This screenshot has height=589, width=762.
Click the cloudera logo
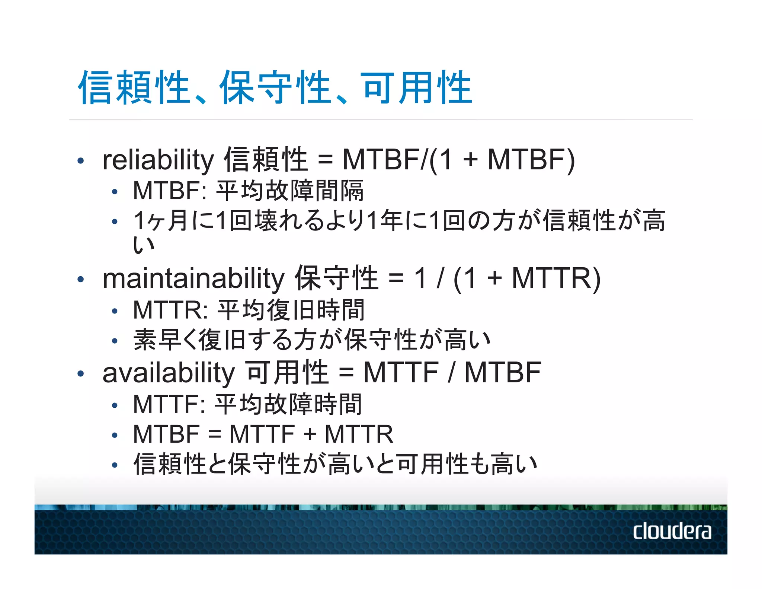pos(672,531)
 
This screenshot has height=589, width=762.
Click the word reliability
pos(158,160)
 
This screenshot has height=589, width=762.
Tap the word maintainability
pos(193,278)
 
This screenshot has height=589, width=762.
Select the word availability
pos(168,373)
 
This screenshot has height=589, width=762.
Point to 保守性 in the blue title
pos(275,88)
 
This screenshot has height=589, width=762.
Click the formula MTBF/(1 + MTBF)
pos(458,160)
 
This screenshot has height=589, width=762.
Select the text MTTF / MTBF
pos(452,373)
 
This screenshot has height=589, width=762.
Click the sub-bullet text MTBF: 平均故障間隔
pos(248,191)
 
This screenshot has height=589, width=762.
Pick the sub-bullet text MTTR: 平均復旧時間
pos(249,310)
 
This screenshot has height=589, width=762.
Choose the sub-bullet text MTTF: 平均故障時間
pos(247,404)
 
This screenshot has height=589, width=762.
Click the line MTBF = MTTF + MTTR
pos(263,434)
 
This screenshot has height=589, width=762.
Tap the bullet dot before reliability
pos(80,161)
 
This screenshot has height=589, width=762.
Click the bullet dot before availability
pos(80,373)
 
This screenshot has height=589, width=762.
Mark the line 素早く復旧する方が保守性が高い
pos(312,340)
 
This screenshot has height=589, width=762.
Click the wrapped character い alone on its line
pos(144,245)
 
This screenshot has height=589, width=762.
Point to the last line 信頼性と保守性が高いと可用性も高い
pos(335,464)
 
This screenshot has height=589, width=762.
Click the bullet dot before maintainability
pos(80,279)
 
